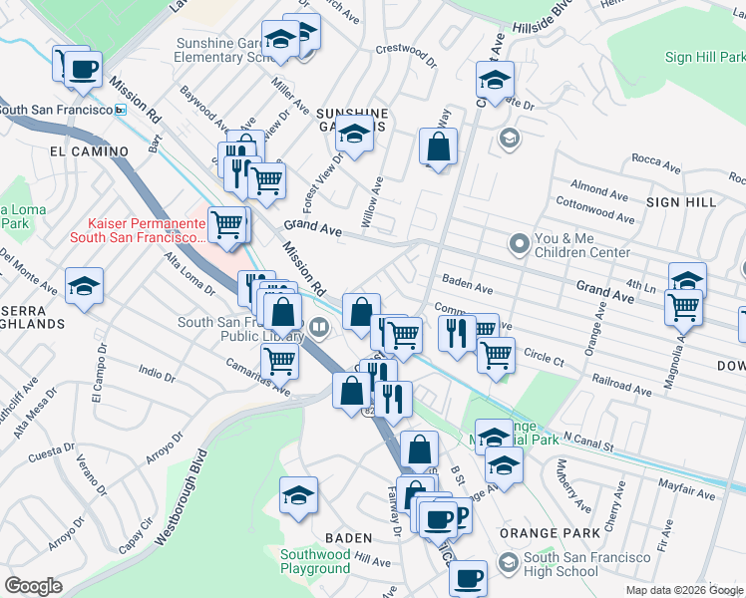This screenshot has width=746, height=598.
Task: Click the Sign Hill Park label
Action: [x=704, y=58]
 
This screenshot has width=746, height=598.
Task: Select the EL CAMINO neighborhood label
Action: [x=89, y=151]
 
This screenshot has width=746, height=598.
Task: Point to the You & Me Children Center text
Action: [x=583, y=245]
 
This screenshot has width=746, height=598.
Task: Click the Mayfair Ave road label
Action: [x=687, y=491]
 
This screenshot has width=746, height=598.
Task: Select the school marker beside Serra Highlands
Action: [x=85, y=286]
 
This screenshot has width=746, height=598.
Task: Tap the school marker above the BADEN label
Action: [x=298, y=494]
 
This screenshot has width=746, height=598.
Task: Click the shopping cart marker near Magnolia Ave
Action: [x=683, y=307]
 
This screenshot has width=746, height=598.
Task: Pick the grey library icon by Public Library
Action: [x=319, y=325]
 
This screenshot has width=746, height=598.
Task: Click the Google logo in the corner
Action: [x=33, y=585]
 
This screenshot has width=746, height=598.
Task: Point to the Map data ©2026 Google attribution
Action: [x=684, y=590]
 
